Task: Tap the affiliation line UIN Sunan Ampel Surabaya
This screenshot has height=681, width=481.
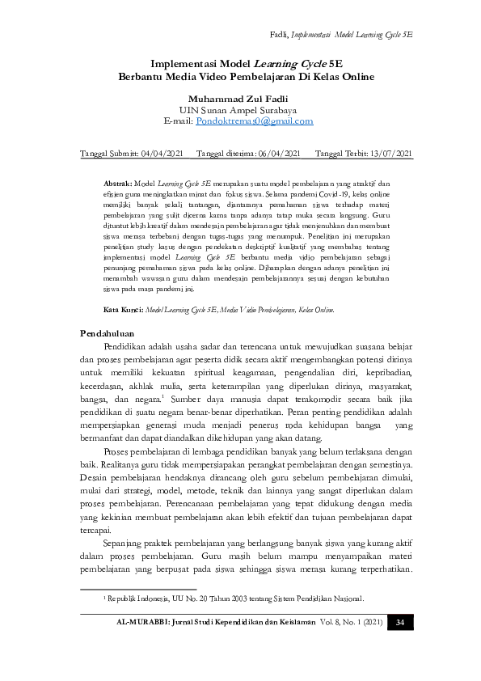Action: [x=240, y=109]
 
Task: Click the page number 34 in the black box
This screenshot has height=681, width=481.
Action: [x=399, y=622]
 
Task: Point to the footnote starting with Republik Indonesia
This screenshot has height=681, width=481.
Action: [x=234, y=599]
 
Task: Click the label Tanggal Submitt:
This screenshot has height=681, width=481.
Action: [x=109, y=154]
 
